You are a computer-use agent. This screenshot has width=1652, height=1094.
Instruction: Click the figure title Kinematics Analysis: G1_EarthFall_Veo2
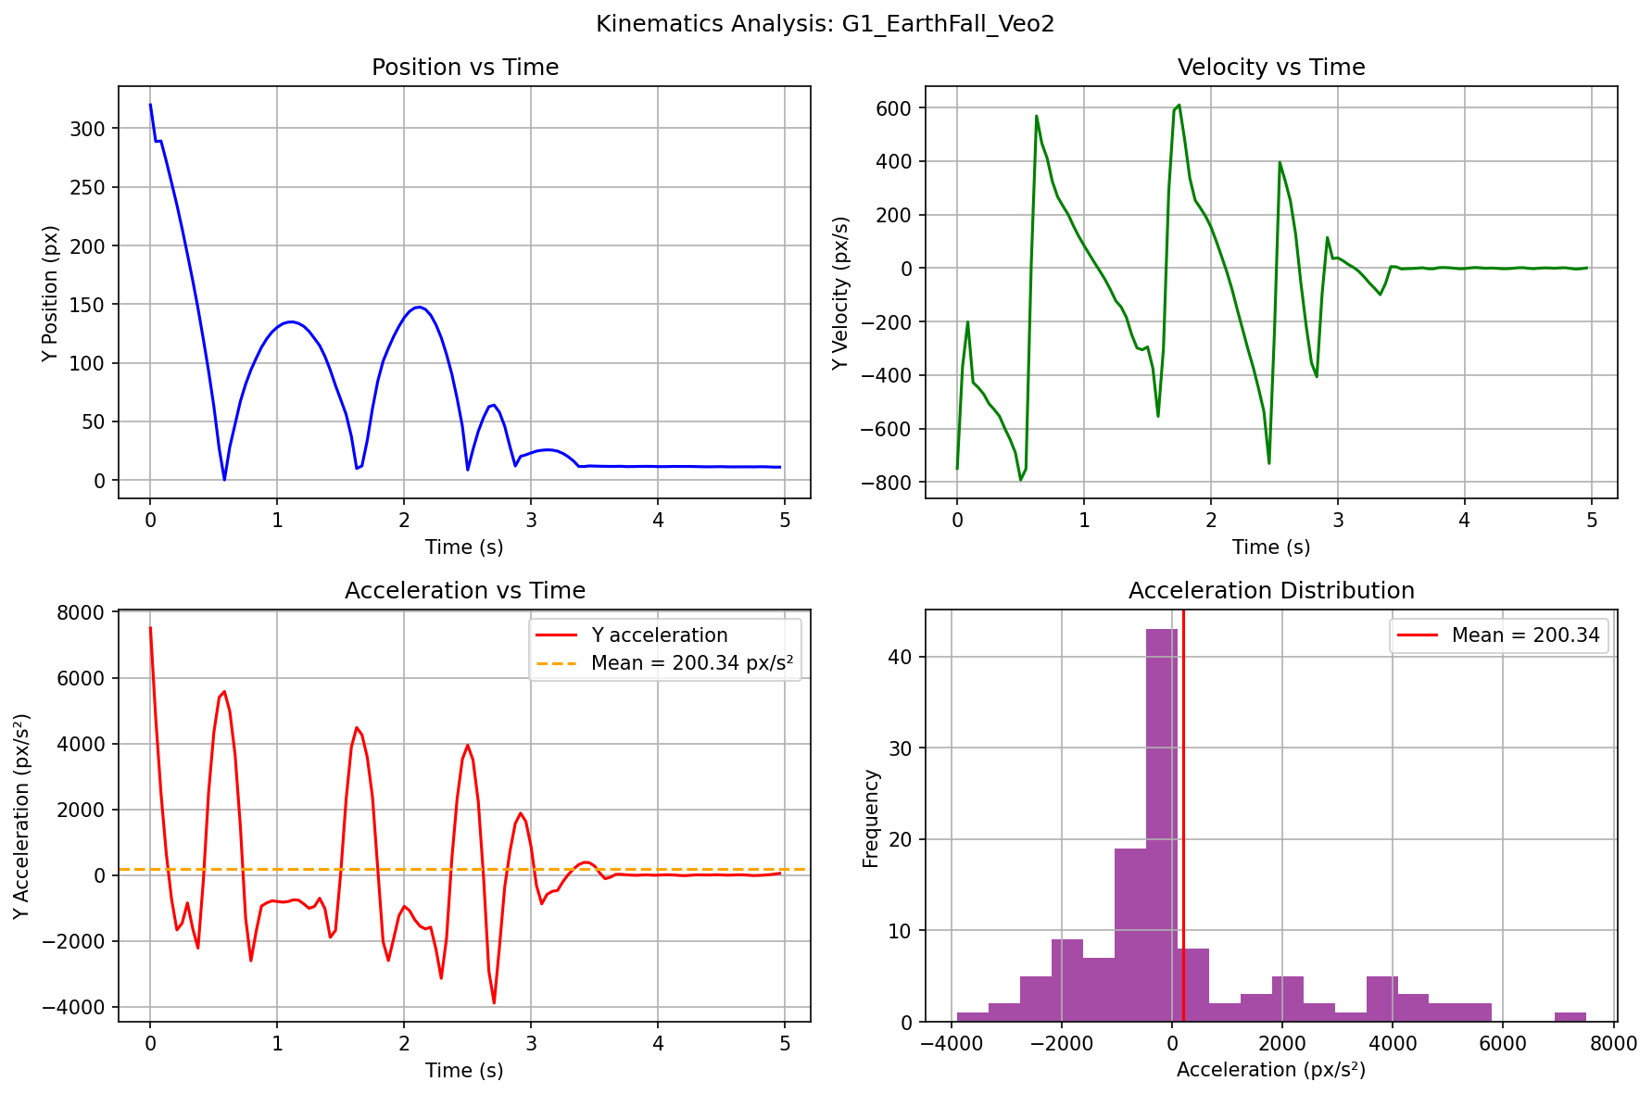coord(825,24)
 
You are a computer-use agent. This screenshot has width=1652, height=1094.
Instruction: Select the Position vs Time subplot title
coord(464,68)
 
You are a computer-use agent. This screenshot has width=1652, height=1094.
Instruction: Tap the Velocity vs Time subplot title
coord(1270,68)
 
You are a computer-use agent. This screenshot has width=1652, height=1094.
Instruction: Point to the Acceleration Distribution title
coord(1270,591)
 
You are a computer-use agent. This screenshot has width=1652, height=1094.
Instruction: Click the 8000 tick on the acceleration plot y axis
coord(88,612)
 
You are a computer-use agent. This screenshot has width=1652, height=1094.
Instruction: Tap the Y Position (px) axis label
coord(51,293)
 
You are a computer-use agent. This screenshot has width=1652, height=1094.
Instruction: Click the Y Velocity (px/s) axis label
coord(840,293)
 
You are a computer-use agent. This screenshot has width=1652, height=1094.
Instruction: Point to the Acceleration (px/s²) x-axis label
coord(1270,1070)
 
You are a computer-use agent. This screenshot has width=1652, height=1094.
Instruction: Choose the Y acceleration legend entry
coord(659,635)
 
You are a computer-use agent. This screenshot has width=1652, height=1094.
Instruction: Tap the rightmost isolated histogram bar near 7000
coord(1570,1017)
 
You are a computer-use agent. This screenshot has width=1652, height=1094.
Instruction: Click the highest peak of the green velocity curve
coord(1179,105)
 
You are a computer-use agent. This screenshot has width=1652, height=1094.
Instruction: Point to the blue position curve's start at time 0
coord(150,105)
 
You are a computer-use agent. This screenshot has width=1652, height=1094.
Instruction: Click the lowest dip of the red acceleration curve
coord(494,1002)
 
